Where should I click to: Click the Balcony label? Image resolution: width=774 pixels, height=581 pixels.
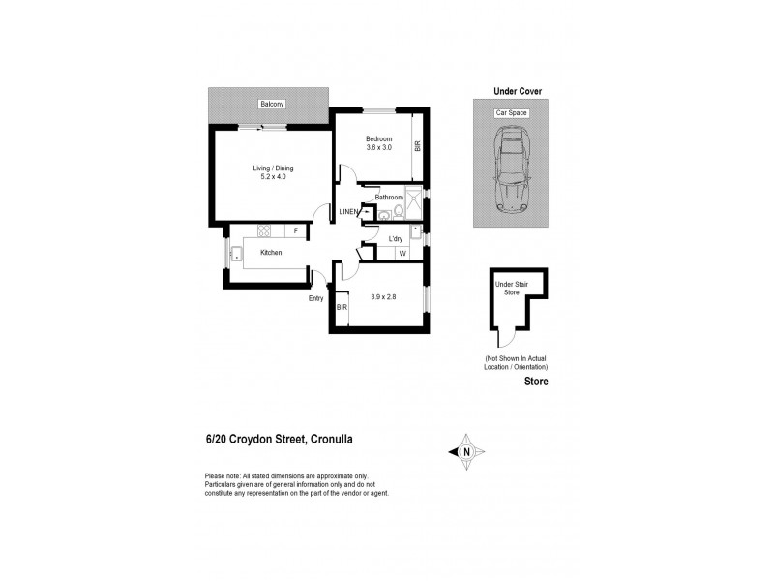pyautogui.click(x=271, y=104)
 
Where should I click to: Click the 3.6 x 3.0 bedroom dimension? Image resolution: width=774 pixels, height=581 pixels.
pyautogui.click(x=379, y=148)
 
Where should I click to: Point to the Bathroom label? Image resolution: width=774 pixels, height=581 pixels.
pyautogui.click(x=388, y=197)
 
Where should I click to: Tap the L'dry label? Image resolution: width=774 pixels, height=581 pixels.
pyautogui.click(x=396, y=238)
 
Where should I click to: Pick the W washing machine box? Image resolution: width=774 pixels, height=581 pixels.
pyautogui.click(x=402, y=253)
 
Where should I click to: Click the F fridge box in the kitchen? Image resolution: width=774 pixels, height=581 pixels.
pyautogui.click(x=296, y=231)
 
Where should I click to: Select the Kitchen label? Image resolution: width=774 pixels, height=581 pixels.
pyautogui.click(x=270, y=253)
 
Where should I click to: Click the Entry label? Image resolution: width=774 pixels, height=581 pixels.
pyautogui.click(x=315, y=298)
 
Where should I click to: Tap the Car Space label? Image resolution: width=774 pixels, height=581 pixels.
pyautogui.click(x=511, y=113)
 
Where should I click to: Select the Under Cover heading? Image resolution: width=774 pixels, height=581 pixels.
pyautogui.click(x=518, y=91)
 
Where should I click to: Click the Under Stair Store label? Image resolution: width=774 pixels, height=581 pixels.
pyautogui.click(x=508, y=288)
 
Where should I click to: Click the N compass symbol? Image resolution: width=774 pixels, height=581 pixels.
pyautogui.click(x=465, y=450)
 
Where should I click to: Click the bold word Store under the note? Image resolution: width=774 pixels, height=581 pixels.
pyautogui.click(x=536, y=382)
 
